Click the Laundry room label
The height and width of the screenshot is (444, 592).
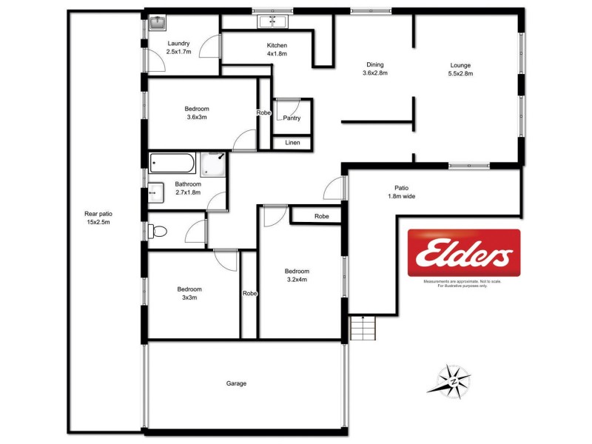point(179,47)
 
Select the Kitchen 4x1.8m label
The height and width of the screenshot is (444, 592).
point(277,50)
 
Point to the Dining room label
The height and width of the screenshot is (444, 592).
point(375,68)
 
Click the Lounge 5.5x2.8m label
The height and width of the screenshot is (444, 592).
point(460,68)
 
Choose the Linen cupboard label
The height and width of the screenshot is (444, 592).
point(292,142)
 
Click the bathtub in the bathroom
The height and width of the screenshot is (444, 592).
point(172,163)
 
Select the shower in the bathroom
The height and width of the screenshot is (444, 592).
point(213,162)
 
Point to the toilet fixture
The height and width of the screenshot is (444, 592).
point(158,232)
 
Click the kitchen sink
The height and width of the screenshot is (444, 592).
point(272,21)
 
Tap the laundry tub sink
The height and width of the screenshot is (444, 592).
point(157,23)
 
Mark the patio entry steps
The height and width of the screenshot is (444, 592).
point(363,326)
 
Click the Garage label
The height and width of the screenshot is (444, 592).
point(236,383)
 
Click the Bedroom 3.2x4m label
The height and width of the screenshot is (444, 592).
point(297,275)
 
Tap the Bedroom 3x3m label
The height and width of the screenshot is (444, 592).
point(189,293)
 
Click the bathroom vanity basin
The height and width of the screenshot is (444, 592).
point(153,192)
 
